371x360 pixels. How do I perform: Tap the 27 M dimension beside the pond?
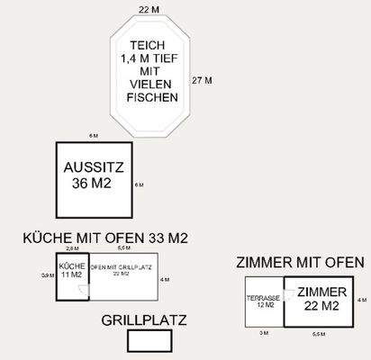202,80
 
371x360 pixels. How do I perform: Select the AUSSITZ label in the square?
94,168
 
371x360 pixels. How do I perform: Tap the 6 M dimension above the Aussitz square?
93,135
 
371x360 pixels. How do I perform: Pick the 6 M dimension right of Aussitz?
139,184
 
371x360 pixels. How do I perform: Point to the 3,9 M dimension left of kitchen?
47,275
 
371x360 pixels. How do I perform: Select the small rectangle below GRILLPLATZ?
149,341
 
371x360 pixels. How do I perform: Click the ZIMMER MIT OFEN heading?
300,263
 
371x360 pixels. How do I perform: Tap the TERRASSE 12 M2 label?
265,301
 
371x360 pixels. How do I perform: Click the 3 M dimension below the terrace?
264,333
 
